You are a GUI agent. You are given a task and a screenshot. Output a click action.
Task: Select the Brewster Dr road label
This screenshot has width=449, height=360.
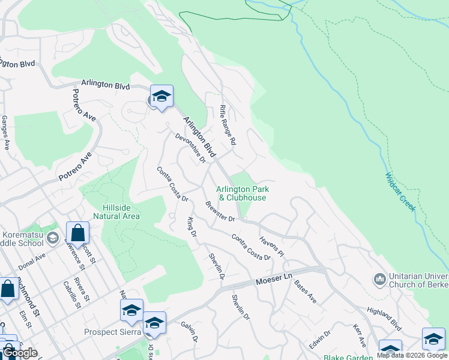pyautogui.click(x=220, y=211)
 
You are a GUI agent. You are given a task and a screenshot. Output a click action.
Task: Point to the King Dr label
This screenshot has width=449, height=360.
pyautogui.click(x=192, y=226)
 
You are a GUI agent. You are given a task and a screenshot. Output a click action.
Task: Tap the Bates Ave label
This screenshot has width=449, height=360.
pyautogui.click(x=305, y=290)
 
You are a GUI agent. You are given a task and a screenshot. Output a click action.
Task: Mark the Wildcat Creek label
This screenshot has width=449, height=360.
pyautogui.click(x=400, y=191)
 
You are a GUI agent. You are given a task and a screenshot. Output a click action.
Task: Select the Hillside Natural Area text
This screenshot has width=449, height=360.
pyautogui.click(x=117, y=212)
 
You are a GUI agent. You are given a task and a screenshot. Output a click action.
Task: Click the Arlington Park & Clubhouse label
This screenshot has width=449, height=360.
pyautogui.click(x=243, y=193)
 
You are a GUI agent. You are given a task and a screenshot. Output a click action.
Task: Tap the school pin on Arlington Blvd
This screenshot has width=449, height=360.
pyautogui.click(x=161, y=96)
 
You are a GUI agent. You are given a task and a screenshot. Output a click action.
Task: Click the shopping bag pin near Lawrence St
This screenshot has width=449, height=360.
pyautogui.click(x=78, y=232)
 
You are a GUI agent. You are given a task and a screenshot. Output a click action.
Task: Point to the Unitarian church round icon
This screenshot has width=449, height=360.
pyautogui.click(x=379, y=279)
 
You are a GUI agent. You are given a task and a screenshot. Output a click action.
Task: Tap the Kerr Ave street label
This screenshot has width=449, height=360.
pyautogui.click(x=360, y=337)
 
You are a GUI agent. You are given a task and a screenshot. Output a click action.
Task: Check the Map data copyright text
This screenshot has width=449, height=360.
pyautogui.click(x=412, y=355)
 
